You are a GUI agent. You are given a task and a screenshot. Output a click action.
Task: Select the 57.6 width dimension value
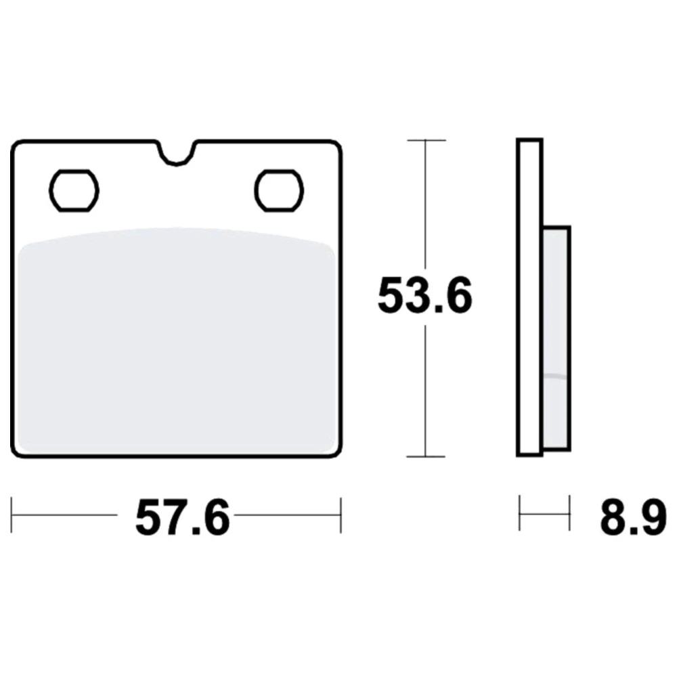point(182,518)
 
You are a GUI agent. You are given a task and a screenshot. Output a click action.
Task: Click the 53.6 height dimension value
point(425,296)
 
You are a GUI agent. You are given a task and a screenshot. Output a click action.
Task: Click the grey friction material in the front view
point(176,341)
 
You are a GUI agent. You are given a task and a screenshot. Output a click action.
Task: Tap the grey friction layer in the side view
point(555,339)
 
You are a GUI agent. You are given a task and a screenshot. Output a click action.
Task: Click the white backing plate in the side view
point(530,297)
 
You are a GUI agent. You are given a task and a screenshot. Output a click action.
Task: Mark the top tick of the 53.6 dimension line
point(426,140)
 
